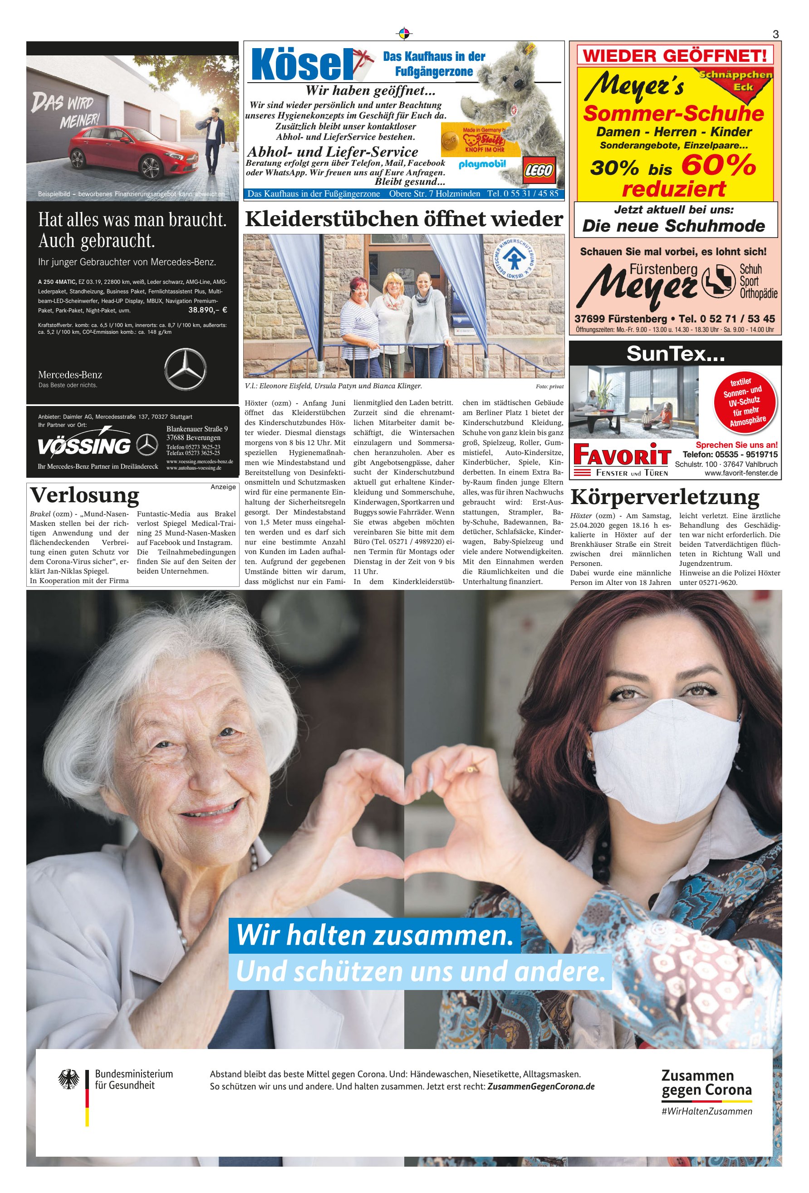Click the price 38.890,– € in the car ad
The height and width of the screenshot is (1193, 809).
tap(208, 310)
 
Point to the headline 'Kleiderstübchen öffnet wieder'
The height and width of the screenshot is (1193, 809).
tap(404, 219)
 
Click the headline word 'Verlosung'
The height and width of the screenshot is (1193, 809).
tap(85, 495)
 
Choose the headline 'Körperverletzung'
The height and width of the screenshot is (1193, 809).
tap(665, 497)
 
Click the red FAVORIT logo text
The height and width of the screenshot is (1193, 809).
tap(622, 454)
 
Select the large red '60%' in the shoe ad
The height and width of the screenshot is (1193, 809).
tap(718, 165)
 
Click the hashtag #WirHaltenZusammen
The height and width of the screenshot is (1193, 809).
tap(706, 1111)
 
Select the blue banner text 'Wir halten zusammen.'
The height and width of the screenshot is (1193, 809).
tap(374, 934)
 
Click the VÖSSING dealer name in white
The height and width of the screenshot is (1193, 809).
tap(84, 446)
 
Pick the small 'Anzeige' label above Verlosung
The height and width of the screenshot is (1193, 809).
tap(223, 487)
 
